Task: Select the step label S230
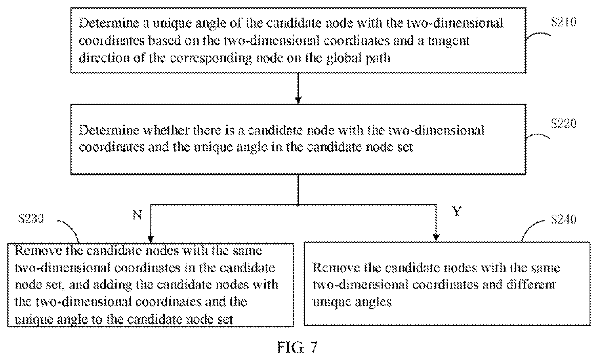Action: pyautogui.click(x=31, y=219)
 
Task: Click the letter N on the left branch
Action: pyautogui.click(x=137, y=215)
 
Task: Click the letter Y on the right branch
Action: pyautogui.click(x=456, y=212)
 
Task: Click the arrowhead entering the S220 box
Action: pyautogui.click(x=298, y=100)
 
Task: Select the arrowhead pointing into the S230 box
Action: pyautogui.click(x=151, y=238)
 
